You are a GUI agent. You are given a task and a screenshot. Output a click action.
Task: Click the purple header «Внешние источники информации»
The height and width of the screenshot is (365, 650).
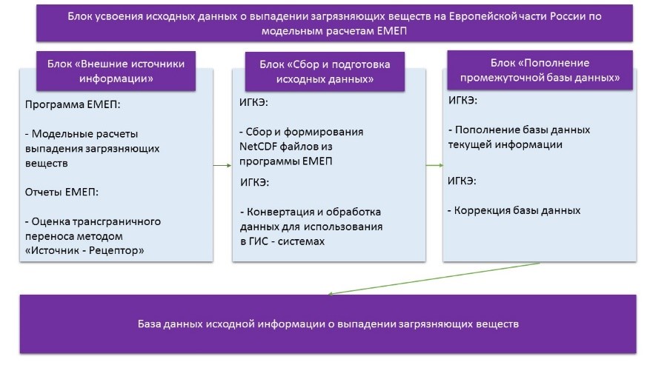(116, 71)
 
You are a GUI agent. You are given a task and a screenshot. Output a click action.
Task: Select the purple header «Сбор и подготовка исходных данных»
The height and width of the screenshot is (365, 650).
(325, 72)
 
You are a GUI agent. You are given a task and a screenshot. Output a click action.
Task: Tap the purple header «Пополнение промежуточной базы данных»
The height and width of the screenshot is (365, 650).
(540, 70)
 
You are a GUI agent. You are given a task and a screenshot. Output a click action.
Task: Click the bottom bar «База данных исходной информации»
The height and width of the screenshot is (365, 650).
(328, 324)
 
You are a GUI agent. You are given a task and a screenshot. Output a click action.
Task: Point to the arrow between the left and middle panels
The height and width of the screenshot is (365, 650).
(222, 165)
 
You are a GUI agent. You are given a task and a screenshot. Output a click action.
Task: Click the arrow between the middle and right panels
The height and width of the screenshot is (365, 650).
(434, 165)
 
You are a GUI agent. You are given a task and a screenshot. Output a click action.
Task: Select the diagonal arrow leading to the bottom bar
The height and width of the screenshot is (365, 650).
(434, 278)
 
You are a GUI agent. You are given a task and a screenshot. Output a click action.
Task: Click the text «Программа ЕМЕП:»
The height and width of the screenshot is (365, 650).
(73, 104)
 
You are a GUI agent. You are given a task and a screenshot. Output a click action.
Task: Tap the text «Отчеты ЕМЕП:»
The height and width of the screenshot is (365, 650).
(62, 192)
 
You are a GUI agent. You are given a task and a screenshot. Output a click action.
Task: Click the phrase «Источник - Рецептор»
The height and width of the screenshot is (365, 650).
(87, 251)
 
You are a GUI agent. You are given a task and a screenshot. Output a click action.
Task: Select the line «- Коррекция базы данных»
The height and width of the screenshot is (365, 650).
(514, 210)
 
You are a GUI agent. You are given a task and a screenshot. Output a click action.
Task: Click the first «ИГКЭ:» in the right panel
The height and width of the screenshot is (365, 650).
(462, 100)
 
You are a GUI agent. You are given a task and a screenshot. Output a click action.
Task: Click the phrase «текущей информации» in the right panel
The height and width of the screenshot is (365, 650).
(505, 145)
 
